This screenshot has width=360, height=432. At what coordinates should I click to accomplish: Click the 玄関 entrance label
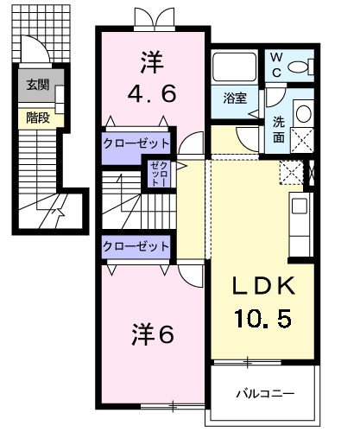coord(37,85)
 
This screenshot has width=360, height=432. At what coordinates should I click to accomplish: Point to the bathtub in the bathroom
coord(233,68)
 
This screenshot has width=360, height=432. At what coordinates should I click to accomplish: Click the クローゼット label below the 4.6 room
coord(136,142)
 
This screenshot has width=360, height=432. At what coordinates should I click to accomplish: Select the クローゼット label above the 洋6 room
coord(136,246)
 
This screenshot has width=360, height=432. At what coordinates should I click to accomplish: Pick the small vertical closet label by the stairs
coord(157,175)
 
